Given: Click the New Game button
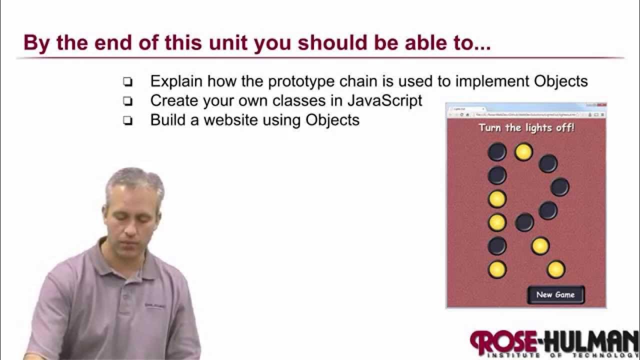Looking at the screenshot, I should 555,294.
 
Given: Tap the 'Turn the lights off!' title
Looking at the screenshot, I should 526,127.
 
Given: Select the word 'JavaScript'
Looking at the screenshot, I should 384,100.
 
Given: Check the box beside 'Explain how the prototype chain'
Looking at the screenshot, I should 128,82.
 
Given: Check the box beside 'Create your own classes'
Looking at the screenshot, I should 128,101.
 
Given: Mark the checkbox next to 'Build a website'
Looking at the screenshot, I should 128,120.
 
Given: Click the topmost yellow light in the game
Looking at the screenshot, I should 523,151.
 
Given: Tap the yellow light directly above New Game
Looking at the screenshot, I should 555,269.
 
